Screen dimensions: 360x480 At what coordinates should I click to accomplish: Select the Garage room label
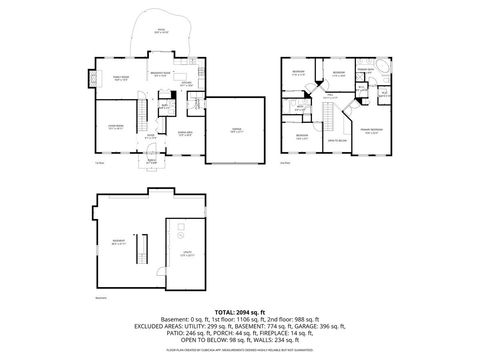click(x=236, y=130)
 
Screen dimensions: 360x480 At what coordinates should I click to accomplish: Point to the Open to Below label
click(x=341, y=139)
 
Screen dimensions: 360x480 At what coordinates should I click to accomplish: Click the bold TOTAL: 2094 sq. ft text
click(x=240, y=313)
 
